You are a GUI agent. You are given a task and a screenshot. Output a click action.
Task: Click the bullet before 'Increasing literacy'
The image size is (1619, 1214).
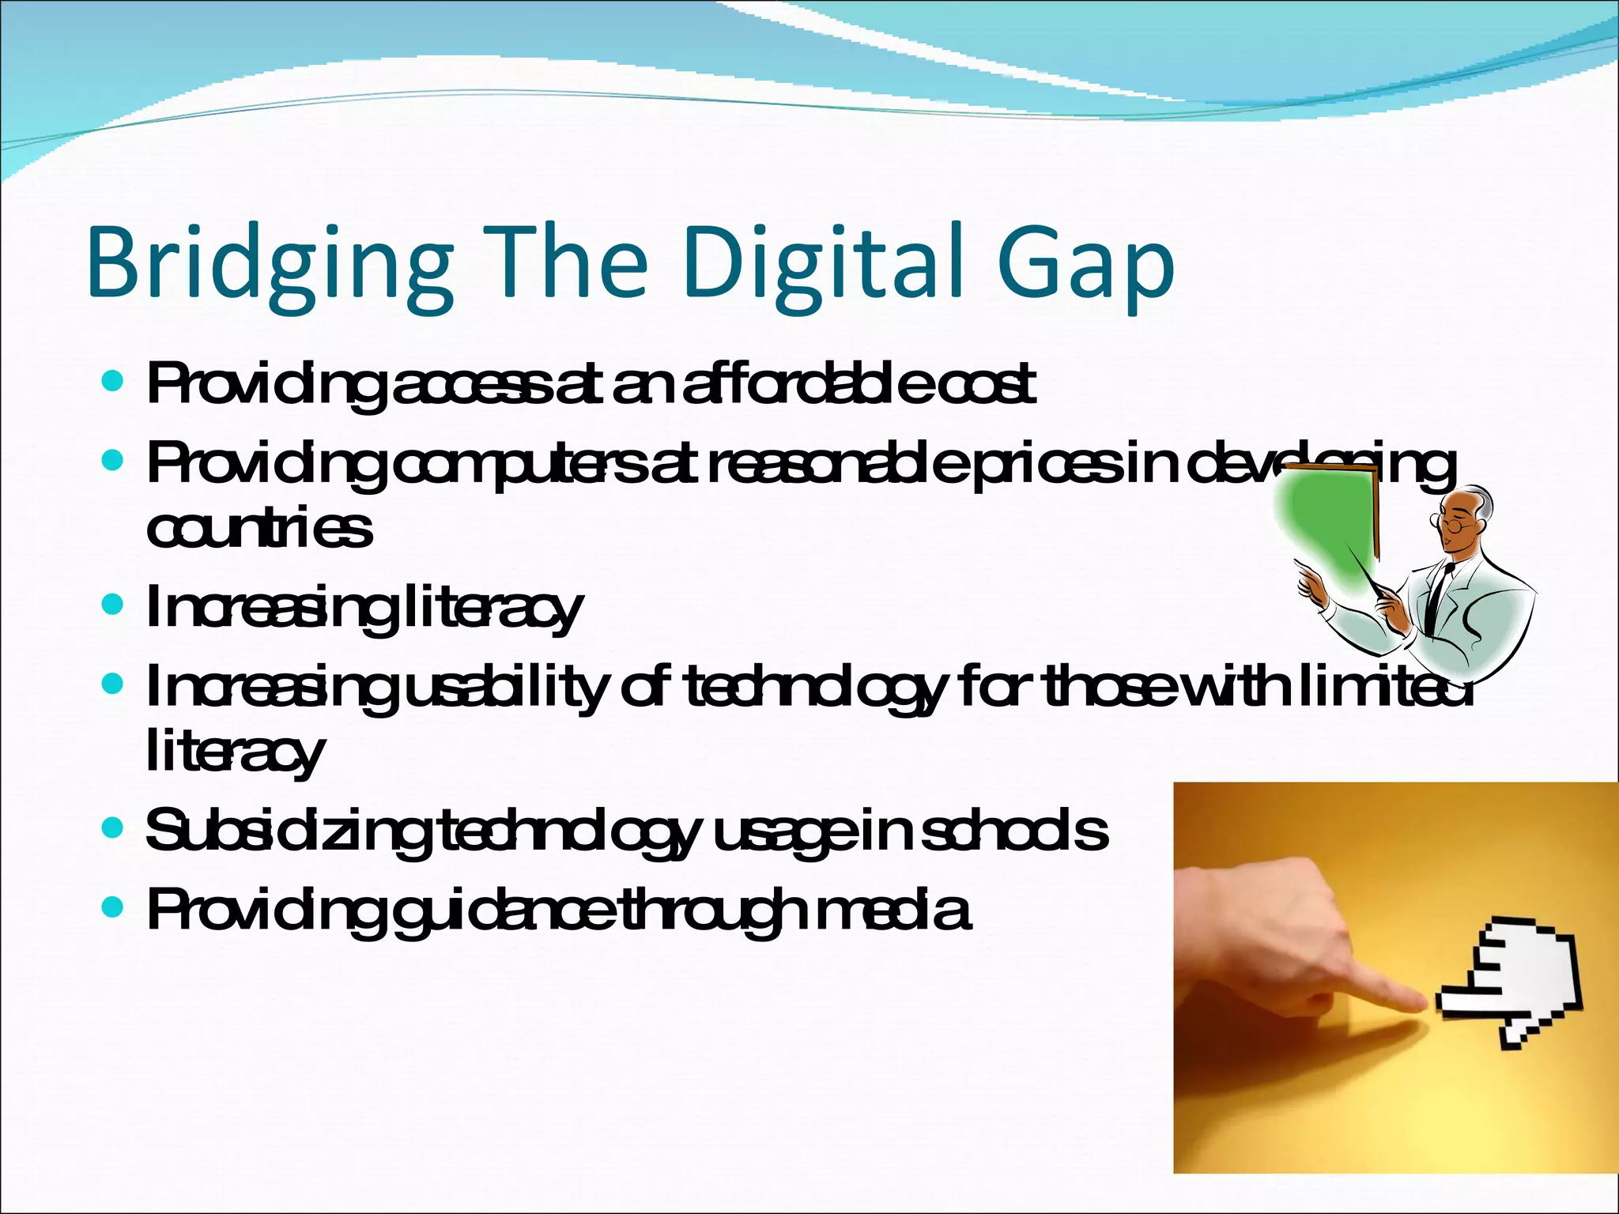coord(113,605)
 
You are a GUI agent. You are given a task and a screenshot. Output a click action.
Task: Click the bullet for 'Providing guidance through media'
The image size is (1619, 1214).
coord(113,908)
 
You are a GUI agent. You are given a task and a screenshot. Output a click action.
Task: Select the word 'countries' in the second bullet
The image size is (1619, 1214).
coord(259,530)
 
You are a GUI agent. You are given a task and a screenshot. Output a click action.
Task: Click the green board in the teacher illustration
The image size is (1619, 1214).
coord(1328,530)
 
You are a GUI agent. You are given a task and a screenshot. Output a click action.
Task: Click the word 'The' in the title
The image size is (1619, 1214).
coord(565,262)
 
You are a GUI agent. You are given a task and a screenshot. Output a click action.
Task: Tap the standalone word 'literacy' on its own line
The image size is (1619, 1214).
coord(235,752)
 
